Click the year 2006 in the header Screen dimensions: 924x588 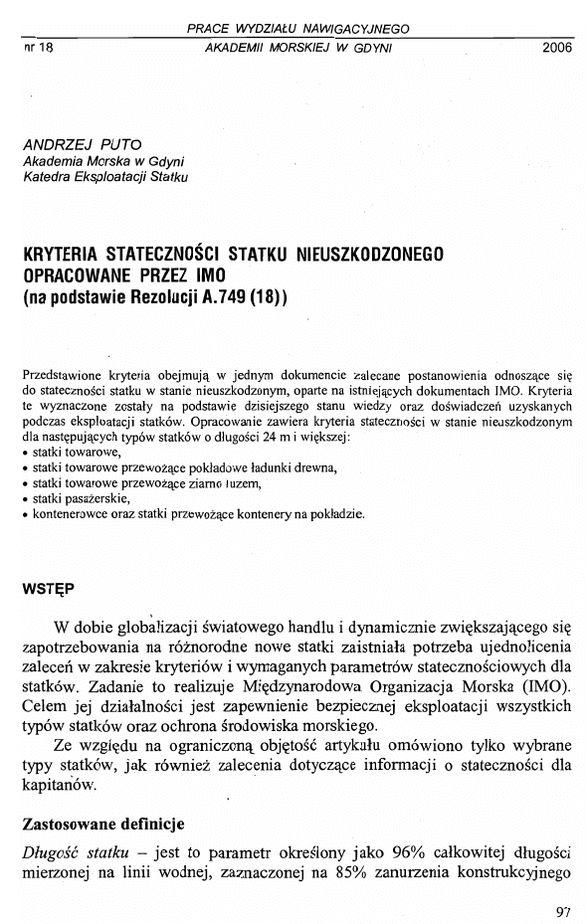[558, 48]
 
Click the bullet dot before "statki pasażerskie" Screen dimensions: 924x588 [25, 499]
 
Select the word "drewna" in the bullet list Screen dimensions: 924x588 [316, 467]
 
